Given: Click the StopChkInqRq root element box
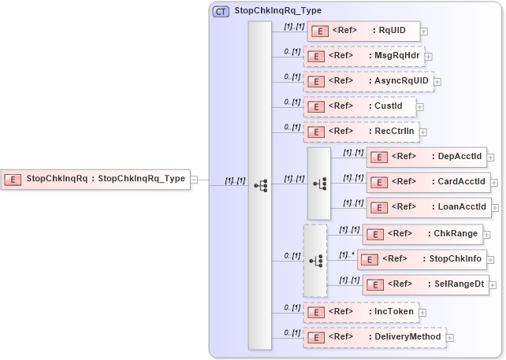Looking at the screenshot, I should point(95,179).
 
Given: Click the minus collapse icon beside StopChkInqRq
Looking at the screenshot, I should point(194,180).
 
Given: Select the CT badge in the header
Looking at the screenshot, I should point(221,11).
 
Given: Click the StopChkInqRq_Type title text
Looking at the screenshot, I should point(278,11).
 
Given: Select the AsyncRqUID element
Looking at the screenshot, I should point(368,81).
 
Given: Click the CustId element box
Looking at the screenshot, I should point(359,106).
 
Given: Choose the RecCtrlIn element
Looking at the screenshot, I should point(361,132).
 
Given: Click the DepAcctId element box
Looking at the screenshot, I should point(426,157).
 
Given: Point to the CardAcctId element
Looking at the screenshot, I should point(428,182).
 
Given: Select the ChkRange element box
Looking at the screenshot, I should point(422,234).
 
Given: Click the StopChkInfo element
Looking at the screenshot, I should point(419,259).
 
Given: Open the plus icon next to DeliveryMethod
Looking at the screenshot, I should point(450,338).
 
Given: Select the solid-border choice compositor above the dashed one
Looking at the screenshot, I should point(318,183).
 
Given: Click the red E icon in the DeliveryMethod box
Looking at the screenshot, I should point(315,338).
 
